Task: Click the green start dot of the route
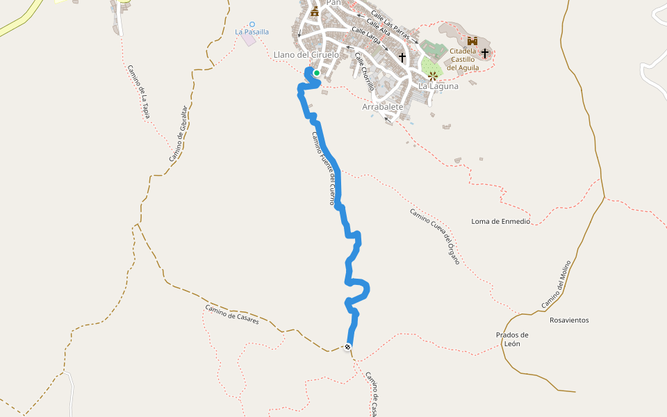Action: (x=317, y=72)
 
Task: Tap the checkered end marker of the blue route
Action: (x=347, y=347)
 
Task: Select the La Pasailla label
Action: (x=252, y=32)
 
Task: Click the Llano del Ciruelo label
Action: (x=306, y=55)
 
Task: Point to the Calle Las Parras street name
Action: (x=389, y=21)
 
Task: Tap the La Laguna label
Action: (x=438, y=86)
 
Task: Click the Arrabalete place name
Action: (x=383, y=107)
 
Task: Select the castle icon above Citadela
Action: (x=472, y=41)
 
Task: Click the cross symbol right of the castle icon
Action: (x=485, y=53)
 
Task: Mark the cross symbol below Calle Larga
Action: (x=402, y=58)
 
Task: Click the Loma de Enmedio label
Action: (x=500, y=222)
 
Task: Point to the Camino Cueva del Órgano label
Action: (x=435, y=236)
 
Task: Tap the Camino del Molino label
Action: (x=556, y=285)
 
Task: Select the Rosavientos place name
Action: (x=569, y=320)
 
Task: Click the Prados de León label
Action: (x=513, y=339)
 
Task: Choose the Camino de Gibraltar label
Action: (x=179, y=134)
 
